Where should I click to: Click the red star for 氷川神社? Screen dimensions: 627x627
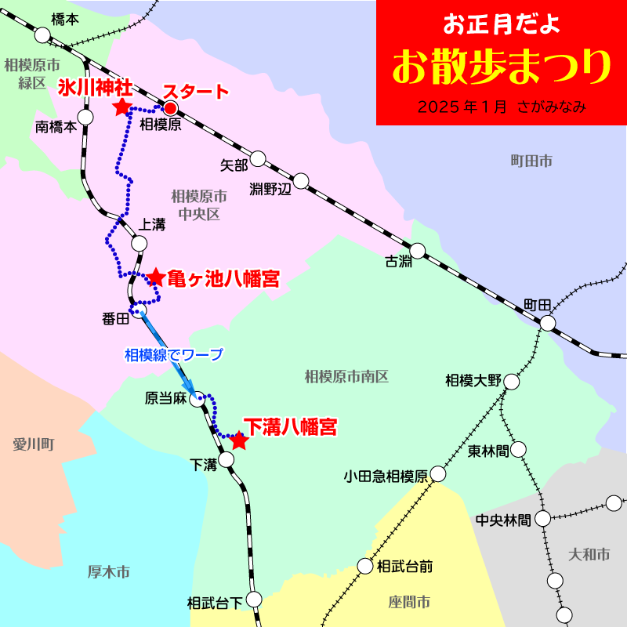(x=121, y=107)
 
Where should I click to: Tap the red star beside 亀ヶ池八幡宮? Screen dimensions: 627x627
(x=155, y=277)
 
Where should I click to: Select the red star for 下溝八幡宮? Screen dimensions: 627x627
(x=240, y=441)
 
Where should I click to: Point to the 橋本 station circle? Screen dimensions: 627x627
(x=43, y=35)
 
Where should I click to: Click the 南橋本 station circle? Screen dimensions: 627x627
(x=85, y=117)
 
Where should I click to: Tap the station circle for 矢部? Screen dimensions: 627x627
(x=258, y=158)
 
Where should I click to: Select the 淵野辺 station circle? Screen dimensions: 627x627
(x=301, y=181)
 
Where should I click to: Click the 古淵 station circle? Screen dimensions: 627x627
(x=418, y=251)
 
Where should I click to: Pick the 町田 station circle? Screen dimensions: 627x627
(x=548, y=323)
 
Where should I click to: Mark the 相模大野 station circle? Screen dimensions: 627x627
(x=512, y=382)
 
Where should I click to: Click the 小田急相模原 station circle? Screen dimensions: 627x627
(x=437, y=474)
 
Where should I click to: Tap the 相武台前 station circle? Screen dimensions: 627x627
(x=366, y=566)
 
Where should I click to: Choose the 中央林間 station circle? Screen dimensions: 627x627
(x=542, y=518)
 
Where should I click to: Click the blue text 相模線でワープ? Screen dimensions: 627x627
(x=174, y=354)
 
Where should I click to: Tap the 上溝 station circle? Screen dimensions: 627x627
(x=139, y=243)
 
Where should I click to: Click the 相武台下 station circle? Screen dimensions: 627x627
(x=253, y=600)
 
